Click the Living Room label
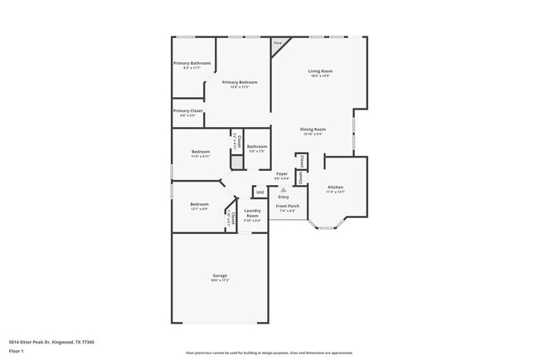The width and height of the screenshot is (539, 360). pos(319,72)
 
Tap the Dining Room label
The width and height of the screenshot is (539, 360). pos(313,129)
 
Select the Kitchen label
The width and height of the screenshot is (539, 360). pos(335,187)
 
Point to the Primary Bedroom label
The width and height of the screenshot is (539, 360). pos(239,83)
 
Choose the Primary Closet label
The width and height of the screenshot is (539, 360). pos(188,111)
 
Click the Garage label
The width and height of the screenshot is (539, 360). pos(220,276)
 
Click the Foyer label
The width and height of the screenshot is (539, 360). pos(282,174)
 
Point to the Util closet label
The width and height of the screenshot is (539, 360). pos(260,192)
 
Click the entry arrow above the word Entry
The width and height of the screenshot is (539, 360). pos(284,189)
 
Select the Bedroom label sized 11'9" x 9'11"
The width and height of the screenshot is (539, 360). pos(201,153)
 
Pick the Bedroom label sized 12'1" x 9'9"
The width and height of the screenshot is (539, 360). pos(199,205)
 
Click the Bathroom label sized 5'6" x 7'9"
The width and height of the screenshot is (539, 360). pos(256,148)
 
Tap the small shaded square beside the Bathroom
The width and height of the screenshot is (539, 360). pos(236,163)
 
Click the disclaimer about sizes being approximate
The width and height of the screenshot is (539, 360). pos(269,352)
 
